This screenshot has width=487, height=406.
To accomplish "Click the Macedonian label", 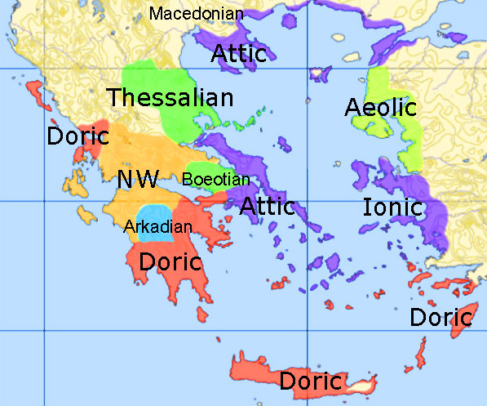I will (197, 13).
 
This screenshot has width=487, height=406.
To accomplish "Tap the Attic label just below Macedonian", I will (239, 54).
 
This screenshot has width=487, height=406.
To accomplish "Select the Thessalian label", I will (170, 98).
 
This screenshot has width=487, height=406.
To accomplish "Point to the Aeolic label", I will (380, 107).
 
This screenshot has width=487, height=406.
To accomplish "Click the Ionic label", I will (393, 207).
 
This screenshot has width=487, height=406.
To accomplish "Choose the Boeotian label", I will (215, 179).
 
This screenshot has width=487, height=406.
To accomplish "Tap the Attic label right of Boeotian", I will (267, 206).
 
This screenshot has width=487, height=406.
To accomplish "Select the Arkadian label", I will (157, 226).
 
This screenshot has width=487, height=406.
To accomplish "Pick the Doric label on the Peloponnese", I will (170, 262).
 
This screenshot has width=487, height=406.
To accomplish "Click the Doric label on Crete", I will (310, 381).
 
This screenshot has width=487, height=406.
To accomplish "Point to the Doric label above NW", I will (77, 136).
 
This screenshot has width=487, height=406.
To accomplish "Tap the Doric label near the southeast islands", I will (441, 317).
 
